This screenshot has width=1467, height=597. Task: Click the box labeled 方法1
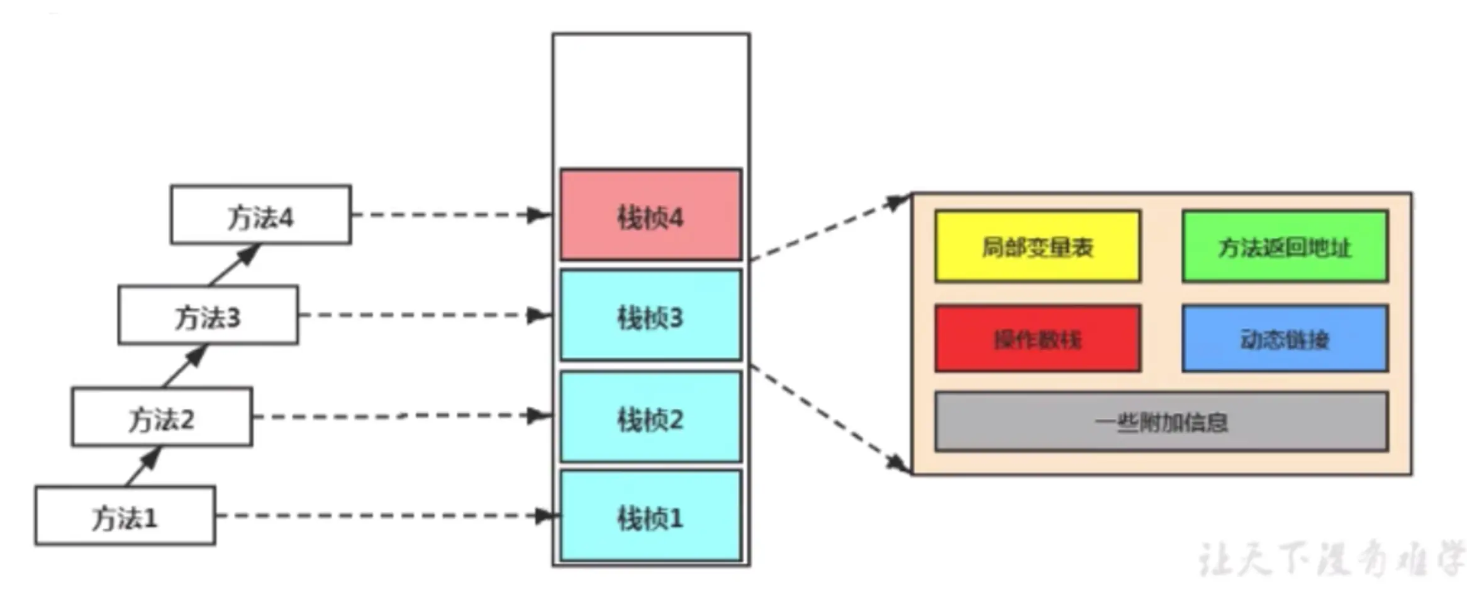125,516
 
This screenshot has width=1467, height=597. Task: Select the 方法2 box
162,417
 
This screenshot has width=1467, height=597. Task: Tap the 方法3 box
208,316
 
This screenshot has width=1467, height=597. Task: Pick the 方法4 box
260,215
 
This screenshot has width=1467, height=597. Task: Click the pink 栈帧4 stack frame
650,215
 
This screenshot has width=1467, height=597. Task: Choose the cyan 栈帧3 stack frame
650,316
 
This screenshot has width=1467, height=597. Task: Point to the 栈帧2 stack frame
650,417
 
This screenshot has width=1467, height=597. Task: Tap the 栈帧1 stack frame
650,516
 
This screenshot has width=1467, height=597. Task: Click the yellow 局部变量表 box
1037,246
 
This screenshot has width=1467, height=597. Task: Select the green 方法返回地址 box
1285,246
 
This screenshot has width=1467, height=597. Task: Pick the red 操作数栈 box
1037,339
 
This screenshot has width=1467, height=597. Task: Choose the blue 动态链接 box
1285,339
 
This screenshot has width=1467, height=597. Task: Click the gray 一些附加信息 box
1161,421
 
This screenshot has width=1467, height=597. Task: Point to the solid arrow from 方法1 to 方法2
143,467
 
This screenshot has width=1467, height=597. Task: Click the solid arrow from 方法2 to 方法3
185,366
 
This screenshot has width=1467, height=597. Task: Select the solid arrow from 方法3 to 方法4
234,265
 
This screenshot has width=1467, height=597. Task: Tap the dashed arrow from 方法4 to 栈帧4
450,215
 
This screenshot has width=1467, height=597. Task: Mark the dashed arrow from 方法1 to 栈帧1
384,516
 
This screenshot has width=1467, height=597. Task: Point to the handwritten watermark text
1330,559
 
